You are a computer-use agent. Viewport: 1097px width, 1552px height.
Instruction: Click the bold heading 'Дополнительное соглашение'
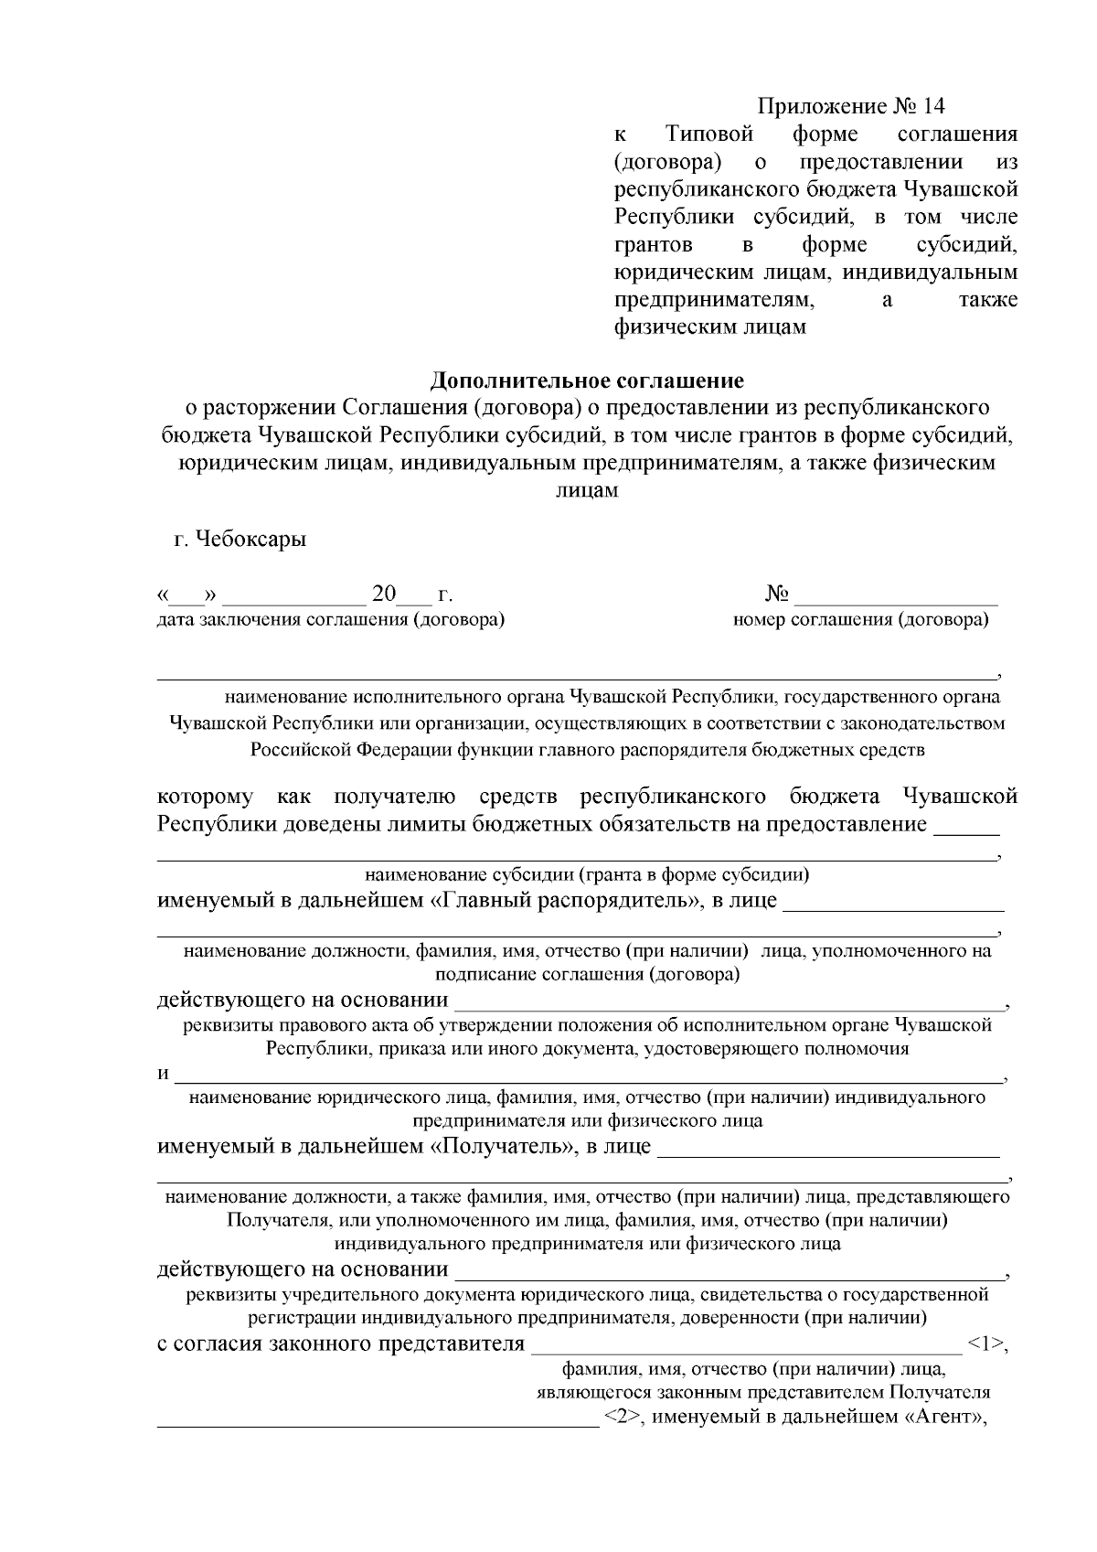click(587, 379)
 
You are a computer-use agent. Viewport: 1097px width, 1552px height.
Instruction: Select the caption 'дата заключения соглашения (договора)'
click(331, 620)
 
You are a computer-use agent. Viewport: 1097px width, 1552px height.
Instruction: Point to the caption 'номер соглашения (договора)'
click(860, 620)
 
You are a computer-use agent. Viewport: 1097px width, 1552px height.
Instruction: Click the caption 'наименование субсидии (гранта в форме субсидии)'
click(587, 874)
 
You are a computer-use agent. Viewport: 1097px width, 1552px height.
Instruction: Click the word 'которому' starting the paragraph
click(205, 797)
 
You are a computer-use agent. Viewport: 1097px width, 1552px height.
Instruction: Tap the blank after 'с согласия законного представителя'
click(745, 1345)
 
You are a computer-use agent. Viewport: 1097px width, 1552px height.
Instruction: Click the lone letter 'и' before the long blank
click(163, 1074)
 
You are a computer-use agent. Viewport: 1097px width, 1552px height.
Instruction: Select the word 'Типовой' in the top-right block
click(709, 134)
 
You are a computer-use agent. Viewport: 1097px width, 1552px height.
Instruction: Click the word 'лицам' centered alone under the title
click(587, 490)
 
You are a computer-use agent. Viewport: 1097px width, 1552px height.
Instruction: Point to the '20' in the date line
click(383, 595)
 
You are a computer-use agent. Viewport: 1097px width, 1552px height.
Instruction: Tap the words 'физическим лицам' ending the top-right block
click(709, 327)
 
